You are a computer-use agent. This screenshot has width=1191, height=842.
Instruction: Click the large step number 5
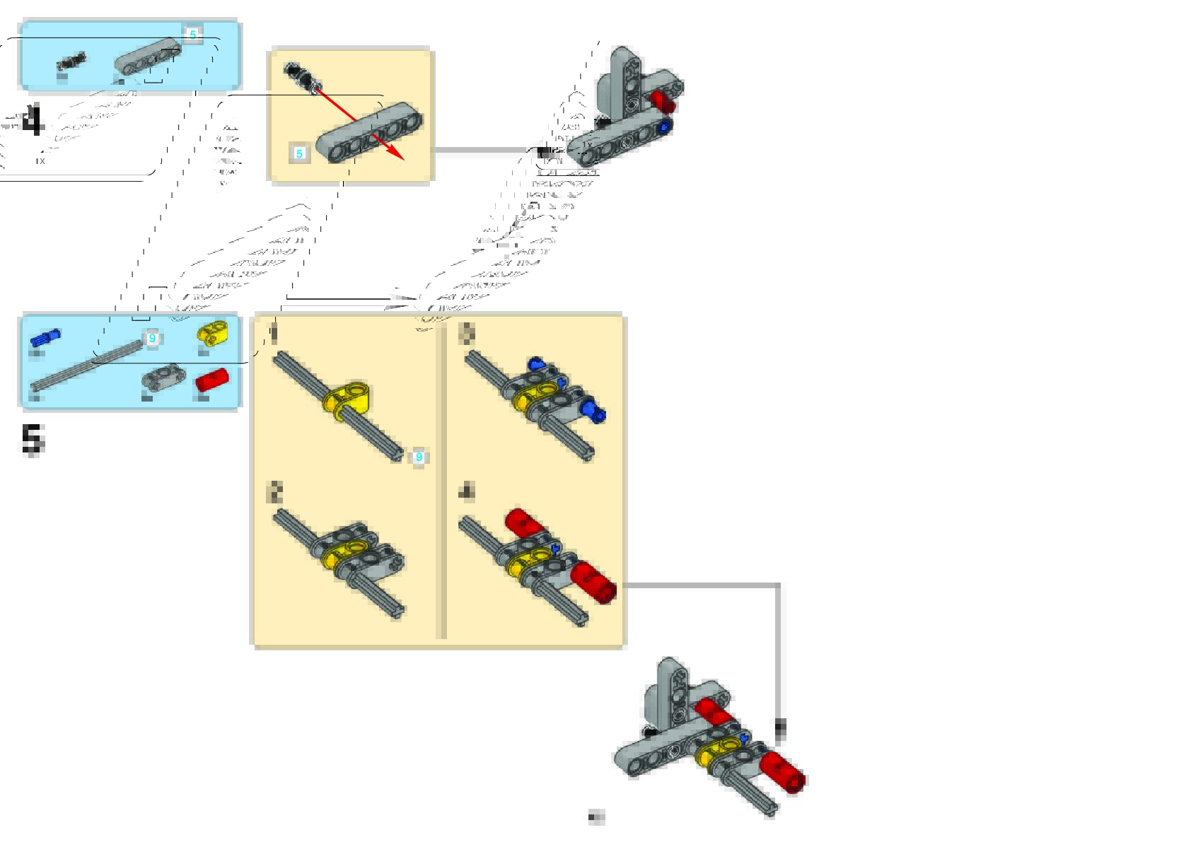tap(33, 440)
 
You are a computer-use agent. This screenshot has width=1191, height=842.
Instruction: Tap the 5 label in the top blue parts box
tap(192, 34)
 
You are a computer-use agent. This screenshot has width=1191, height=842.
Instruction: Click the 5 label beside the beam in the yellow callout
tap(300, 153)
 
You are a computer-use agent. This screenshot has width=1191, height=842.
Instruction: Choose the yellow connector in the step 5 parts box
tap(212, 332)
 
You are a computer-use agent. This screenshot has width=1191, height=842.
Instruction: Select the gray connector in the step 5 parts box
tap(162, 377)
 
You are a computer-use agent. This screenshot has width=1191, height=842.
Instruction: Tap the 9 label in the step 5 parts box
tap(152, 339)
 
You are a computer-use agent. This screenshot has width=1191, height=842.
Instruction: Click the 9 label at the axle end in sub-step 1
tap(419, 457)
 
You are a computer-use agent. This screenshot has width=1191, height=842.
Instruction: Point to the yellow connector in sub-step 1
tap(348, 398)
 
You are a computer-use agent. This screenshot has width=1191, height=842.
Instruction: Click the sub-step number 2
tap(275, 492)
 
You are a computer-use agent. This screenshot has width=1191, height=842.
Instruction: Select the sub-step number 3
tap(467, 334)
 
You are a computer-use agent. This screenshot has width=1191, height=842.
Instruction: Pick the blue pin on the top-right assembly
tap(663, 127)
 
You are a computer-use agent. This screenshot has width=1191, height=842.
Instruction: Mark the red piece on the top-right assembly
tap(663, 102)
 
